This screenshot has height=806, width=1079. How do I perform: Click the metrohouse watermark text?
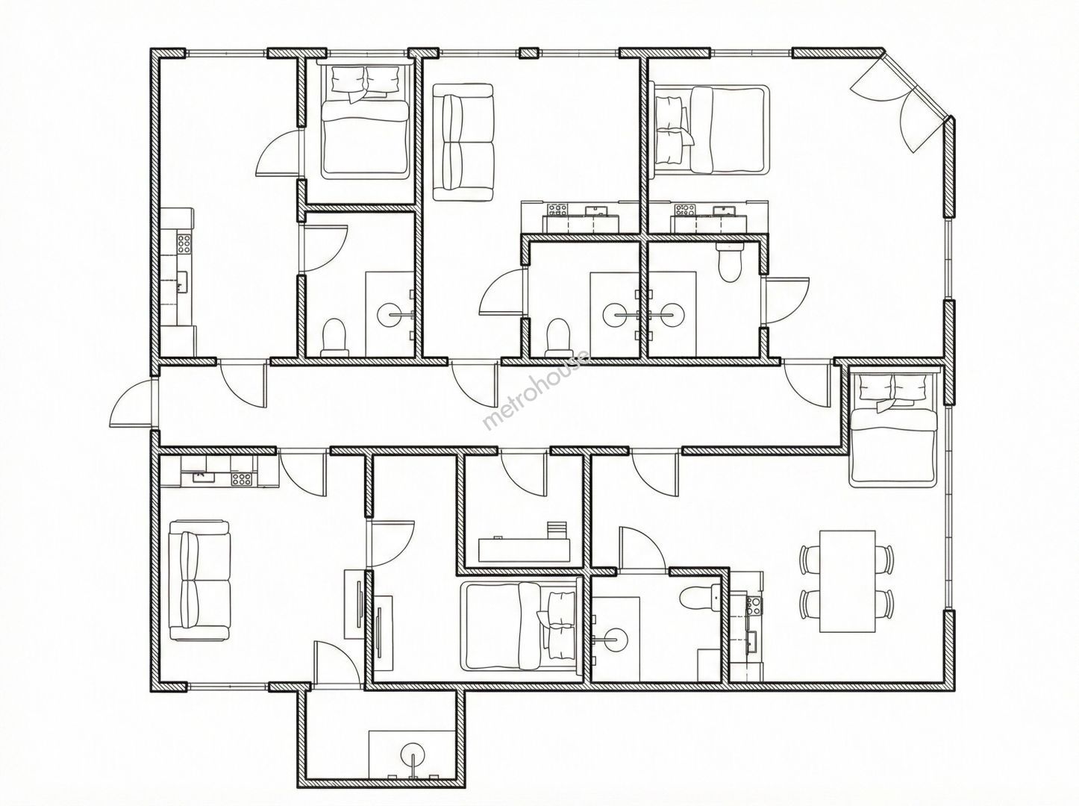click(536, 390)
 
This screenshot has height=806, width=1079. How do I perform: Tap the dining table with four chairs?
click(848, 581)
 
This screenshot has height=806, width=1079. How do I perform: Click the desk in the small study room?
click(524, 549)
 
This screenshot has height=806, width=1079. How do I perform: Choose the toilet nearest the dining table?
click(699, 598)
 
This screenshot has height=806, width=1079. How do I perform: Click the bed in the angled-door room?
click(710, 130)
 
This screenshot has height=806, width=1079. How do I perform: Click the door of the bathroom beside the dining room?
click(642, 549)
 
